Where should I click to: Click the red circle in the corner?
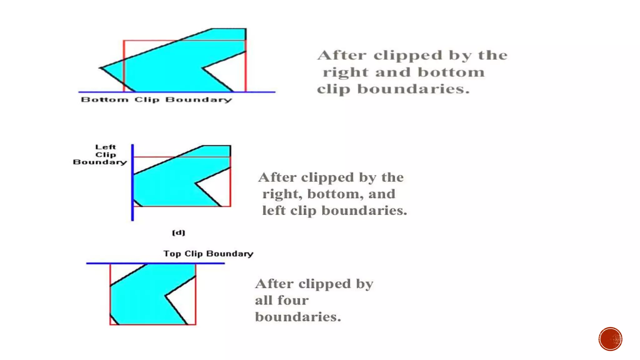610,339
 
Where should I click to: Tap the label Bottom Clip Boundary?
156,100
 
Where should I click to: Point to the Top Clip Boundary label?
208,253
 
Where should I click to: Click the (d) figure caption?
178,232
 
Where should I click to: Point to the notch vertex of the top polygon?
203,67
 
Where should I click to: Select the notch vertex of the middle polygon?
196,183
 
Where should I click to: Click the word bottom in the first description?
451,72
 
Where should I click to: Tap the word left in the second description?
274,210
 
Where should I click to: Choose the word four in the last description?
293,300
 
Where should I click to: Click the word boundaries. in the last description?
298,317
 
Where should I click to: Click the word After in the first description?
342,55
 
